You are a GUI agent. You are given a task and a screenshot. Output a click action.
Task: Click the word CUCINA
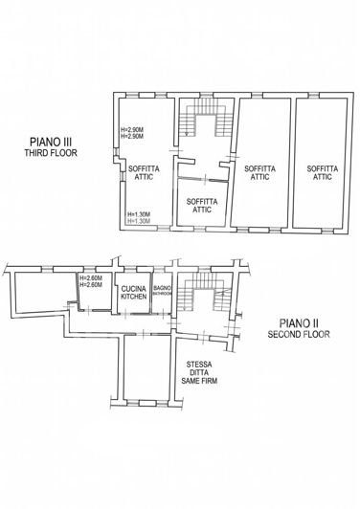[134, 287]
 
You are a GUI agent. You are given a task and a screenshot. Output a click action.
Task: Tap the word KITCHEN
[134, 296]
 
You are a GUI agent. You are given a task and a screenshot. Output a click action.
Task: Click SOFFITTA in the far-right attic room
[322, 167]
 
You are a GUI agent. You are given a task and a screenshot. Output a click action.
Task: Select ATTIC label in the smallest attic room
[202, 210]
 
